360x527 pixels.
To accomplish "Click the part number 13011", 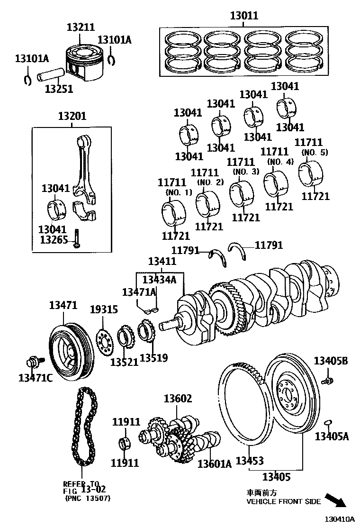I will point(244,15).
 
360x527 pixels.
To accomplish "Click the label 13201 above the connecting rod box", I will point(72,116).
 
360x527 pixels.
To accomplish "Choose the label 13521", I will point(124,362).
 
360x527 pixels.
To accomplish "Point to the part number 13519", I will point(153,358).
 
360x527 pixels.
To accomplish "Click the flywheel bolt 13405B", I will point(327,380).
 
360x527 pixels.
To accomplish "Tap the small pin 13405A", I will point(327,422).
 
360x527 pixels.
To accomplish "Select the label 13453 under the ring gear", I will point(250,461).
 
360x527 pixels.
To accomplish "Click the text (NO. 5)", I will point(315,152).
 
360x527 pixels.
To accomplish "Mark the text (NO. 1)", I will point(178,192).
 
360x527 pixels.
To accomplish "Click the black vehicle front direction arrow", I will point(338,501).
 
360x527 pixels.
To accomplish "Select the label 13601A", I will point(214,463).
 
